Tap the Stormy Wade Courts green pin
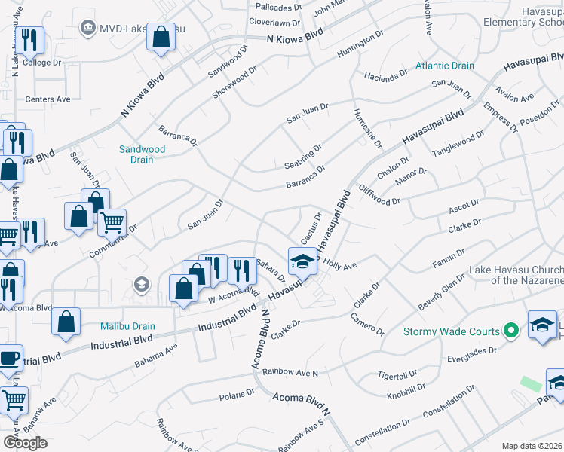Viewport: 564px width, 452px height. coord(511,331)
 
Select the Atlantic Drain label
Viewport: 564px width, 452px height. coord(445,66)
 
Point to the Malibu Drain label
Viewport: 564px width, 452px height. coord(128,326)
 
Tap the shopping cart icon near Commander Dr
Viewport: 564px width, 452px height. coord(112,223)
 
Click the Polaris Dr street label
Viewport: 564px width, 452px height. coord(237,394)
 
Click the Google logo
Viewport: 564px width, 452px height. coord(25,443)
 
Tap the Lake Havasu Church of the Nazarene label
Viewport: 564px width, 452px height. coord(516,275)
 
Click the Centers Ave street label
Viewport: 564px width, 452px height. coord(48,99)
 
